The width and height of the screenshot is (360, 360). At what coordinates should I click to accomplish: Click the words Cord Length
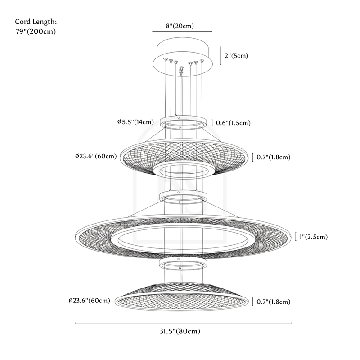click(x=36, y=21)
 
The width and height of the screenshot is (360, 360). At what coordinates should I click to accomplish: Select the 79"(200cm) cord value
click(x=36, y=31)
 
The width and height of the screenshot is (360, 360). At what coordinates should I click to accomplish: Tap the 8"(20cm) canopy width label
click(x=180, y=26)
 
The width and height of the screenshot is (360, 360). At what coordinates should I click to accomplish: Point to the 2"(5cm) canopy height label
click(x=236, y=56)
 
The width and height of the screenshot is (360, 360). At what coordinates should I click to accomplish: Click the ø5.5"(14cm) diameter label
click(x=135, y=122)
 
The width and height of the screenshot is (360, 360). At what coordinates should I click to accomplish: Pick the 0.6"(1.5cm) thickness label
click(x=234, y=123)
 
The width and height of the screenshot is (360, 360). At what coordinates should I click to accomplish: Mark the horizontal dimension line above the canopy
click(x=182, y=32)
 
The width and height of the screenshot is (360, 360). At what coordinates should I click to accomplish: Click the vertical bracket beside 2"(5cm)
click(x=220, y=56)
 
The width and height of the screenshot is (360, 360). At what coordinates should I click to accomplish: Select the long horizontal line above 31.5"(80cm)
click(x=183, y=323)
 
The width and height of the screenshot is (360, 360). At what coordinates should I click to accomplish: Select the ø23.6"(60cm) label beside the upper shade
click(x=96, y=157)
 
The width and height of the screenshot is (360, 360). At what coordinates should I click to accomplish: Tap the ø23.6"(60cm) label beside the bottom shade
click(x=89, y=300)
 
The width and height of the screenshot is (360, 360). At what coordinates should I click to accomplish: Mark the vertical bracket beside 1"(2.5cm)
click(x=295, y=237)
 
